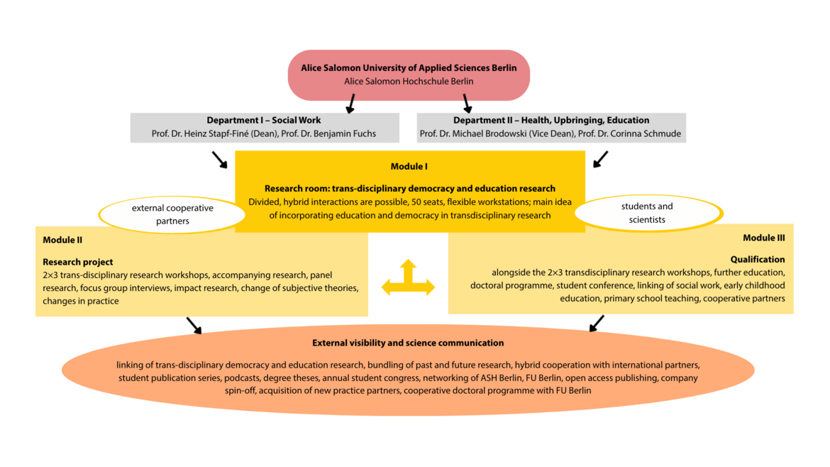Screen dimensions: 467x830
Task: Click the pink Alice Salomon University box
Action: click(409, 75)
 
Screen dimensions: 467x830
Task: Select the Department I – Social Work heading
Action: click(264, 120)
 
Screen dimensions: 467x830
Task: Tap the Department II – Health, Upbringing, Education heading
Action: click(551, 120)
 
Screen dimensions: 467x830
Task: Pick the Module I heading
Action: click(409, 166)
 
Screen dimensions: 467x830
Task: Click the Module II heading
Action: click(62, 240)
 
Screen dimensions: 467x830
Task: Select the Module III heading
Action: click(763, 237)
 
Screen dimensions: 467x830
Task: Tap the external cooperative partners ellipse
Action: click(172, 214)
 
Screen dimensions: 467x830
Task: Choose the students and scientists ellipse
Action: click(647, 213)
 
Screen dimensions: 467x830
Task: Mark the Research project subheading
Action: click(78, 262)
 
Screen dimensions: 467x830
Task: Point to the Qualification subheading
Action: click(758, 259)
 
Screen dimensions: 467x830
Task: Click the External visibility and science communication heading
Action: click(408, 343)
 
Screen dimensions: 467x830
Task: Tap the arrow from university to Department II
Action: click(467, 104)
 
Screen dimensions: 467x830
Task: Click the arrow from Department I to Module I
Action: click(219, 160)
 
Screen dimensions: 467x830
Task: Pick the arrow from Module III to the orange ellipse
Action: click(597, 324)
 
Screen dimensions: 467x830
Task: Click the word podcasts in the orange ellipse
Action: click(243, 378)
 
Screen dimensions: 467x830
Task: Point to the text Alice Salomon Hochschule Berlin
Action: click(409, 81)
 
